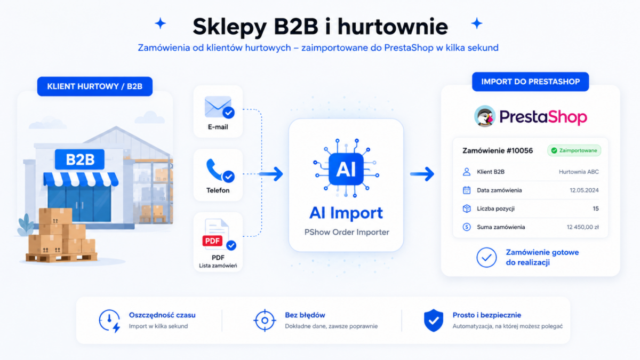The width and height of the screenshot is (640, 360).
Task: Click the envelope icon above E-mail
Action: [218, 107]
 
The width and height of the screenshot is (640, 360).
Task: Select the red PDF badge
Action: [212, 241]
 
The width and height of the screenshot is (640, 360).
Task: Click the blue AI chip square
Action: [346, 169]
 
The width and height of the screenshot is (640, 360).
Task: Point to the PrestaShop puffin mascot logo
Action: [485, 116]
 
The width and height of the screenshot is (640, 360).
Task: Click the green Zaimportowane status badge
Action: [574, 150]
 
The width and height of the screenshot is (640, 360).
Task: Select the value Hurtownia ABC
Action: [579, 172]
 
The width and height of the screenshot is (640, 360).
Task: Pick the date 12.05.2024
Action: [584, 190]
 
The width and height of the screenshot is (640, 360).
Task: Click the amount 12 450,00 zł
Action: [582, 227]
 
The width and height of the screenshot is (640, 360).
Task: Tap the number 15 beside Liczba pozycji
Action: [595, 209]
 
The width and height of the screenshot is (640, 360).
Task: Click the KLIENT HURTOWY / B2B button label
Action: [95, 86]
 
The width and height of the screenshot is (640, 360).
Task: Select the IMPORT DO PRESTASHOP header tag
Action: [530, 82]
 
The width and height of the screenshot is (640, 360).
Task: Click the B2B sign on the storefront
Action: [79, 159]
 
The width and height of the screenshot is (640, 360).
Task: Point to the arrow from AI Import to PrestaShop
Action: [422, 174]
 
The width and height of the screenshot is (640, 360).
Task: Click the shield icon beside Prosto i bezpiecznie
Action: [434, 321]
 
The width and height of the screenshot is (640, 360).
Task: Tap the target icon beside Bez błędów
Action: [265, 321]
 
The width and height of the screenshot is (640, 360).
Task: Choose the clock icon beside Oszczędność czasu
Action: [110, 321]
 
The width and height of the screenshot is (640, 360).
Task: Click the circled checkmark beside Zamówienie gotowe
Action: [486, 258]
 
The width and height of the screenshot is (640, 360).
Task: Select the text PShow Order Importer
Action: [347, 233]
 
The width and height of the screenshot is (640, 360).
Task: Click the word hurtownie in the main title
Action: [393, 27]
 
